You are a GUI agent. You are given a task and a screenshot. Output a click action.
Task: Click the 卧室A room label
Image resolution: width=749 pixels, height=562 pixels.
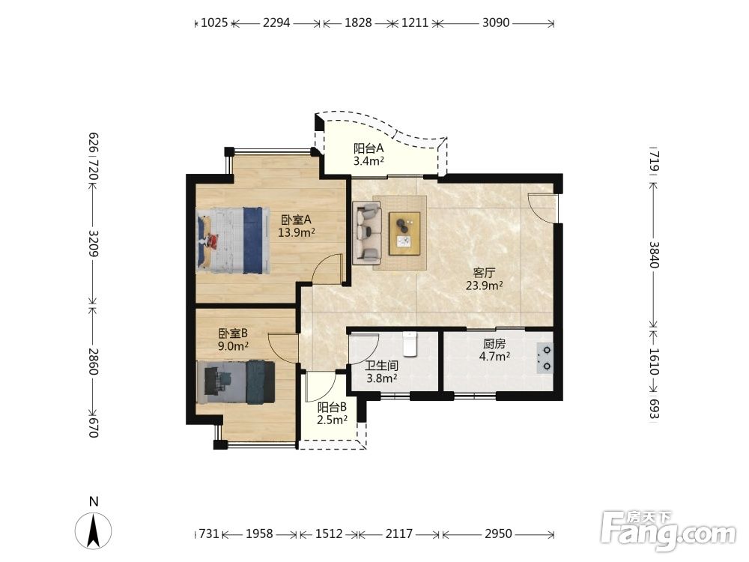[296, 220]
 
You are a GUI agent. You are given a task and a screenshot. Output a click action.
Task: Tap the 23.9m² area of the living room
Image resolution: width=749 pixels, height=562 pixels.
[485, 285]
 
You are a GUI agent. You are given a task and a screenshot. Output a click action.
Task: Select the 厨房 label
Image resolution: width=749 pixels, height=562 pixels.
[494, 344]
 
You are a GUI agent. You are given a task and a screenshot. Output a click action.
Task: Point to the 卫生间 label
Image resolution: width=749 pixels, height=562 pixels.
[382, 366]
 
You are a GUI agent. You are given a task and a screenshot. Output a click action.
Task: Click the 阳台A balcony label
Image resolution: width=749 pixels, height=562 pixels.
[369, 148]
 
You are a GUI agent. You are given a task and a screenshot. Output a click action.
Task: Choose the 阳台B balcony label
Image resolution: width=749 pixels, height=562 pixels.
[333, 408]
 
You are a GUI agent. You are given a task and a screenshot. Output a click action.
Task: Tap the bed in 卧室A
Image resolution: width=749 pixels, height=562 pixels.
[233, 241]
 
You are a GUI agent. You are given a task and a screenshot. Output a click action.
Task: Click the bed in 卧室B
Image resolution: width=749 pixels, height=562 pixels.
[235, 382]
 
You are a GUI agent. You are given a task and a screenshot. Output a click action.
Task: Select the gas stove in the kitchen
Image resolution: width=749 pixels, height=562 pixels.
[545, 358]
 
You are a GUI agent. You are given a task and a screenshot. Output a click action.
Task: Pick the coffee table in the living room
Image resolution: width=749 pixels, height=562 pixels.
[404, 234]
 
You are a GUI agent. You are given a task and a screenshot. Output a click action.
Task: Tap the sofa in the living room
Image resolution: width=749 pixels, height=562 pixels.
[367, 233]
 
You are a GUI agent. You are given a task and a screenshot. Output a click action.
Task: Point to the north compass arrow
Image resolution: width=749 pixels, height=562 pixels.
[94, 531]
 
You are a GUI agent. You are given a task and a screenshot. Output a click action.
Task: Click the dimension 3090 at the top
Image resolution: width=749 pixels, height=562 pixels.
[496, 22]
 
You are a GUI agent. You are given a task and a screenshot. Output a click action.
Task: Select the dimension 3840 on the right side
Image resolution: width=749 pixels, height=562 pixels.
[654, 255]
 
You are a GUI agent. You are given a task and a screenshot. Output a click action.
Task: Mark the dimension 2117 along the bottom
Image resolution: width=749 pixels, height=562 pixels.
[399, 534]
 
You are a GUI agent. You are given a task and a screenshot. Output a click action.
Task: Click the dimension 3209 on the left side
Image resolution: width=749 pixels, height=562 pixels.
[94, 244]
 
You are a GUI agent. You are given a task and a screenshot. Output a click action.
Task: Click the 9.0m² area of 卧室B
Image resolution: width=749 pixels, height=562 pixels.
[233, 346]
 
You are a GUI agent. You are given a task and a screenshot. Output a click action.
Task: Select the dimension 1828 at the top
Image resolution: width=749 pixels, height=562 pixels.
[358, 22]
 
